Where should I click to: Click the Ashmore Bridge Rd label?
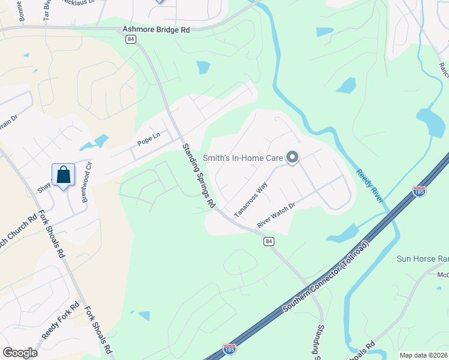pyautogui.click(x=156, y=28)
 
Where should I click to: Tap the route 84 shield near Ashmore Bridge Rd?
pyautogui.click(x=131, y=39)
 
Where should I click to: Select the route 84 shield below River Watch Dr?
pyautogui.click(x=269, y=241)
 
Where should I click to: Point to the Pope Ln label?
pyautogui.click(x=149, y=139)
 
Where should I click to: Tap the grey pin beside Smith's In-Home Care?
pyautogui.click(x=292, y=158)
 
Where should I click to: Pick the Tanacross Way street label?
pyautogui.click(x=250, y=200)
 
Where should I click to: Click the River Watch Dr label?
pyautogui.click(x=277, y=215)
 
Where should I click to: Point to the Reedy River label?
pyautogui.click(x=370, y=185)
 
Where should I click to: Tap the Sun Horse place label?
pyautogui.click(x=423, y=259)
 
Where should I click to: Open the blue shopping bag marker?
pyautogui.click(x=63, y=176)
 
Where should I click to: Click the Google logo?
pyautogui.click(x=20, y=352)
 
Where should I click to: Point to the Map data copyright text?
pyautogui.click(x=424, y=355)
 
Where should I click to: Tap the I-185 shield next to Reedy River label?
pyautogui.click(x=419, y=191)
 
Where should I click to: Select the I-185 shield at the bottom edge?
pyautogui.click(x=229, y=349)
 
